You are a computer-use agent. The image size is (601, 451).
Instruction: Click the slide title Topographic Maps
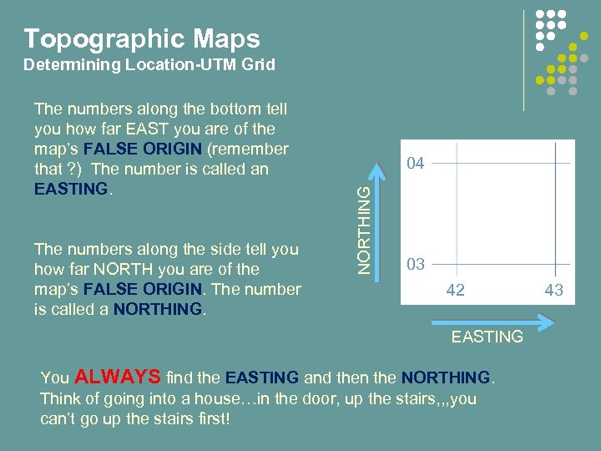click(142, 38)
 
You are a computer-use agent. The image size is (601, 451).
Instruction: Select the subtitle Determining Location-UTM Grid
click(149, 64)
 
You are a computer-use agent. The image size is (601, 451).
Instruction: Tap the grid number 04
click(415, 164)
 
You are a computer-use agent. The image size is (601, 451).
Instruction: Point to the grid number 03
click(415, 265)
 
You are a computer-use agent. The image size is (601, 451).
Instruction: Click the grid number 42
click(455, 291)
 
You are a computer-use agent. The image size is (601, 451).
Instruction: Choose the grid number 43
click(553, 291)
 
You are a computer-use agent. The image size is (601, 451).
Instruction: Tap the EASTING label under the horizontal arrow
click(487, 337)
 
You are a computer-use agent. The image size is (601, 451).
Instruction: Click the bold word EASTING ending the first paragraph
click(71, 189)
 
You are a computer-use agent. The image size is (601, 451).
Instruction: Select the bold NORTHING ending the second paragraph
click(158, 309)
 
